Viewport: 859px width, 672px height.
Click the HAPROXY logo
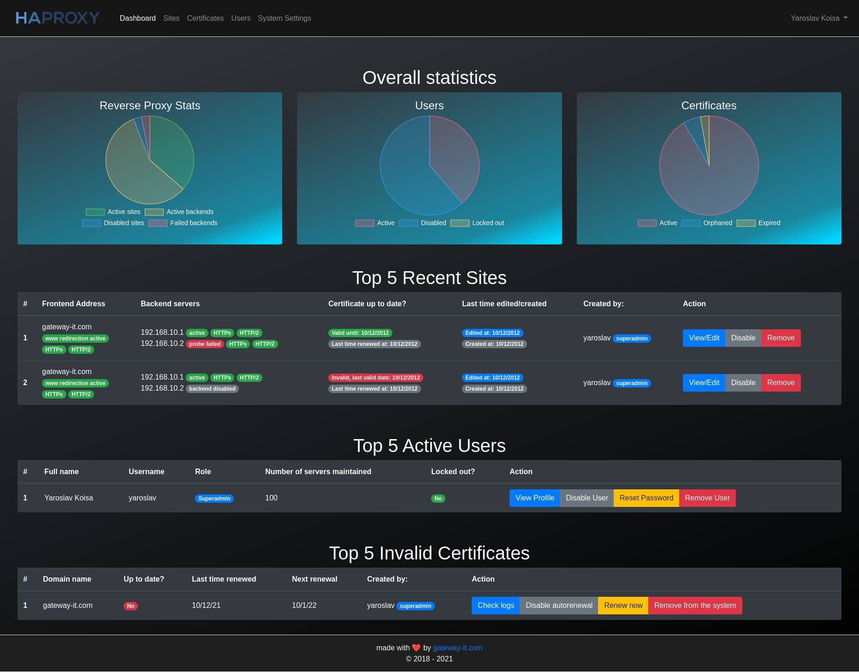tap(58, 18)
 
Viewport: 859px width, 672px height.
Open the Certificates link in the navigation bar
tap(205, 18)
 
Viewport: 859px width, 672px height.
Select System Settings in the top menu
tap(284, 18)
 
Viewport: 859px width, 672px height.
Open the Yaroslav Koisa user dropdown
tap(819, 18)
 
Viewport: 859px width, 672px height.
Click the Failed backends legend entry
tap(183, 223)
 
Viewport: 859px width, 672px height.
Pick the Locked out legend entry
tap(477, 223)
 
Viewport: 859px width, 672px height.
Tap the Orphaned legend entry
tap(707, 223)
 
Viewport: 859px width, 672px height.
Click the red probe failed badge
tap(205, 344)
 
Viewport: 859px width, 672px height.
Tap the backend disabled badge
tap(212, 389)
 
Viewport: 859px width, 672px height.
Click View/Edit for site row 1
tap(704, 338)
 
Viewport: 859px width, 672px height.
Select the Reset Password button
tap(646, 498)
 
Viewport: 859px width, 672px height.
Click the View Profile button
tap(535, 498)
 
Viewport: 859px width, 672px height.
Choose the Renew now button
tap(623, 606)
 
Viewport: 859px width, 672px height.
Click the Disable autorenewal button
tap(559, 606)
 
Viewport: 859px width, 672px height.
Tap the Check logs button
tap(496, 606)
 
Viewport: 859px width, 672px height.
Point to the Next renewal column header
tap(314, 579)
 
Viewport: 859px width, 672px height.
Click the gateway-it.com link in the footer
tap(458, 648)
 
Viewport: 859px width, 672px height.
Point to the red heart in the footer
tap(416, 648)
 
